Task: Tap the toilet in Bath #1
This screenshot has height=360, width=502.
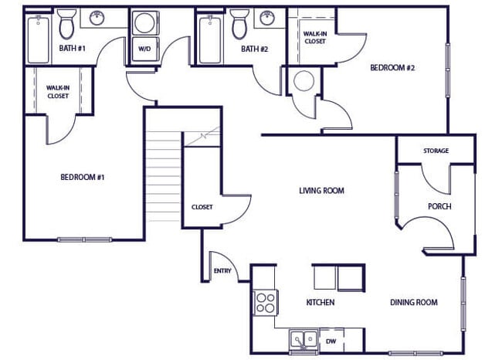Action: coord(66,25)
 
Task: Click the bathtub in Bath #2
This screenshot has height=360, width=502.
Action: coord(209,40)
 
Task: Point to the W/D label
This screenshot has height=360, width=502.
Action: coord(144,49)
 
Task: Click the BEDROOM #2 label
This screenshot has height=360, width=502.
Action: coord(392,68)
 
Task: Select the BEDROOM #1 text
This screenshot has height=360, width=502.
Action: coord(82,177)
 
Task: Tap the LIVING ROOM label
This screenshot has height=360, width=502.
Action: coord(321,190)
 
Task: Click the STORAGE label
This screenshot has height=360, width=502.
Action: coord(435,151)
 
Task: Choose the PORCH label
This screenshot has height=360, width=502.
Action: coord(439,206)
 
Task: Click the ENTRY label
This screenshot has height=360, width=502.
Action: coord(222,271)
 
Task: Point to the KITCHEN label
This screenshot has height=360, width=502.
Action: coord(320,302)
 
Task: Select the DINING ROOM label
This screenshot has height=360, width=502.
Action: coord(413,302)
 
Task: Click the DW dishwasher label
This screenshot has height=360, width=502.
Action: coord(331,340)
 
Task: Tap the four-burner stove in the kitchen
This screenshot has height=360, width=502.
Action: coord(266,302)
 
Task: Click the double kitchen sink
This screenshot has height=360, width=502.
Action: coord(302,339)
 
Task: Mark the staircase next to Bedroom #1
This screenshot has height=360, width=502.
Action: coord(164,176)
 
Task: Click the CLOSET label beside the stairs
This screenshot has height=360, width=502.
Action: coord(202,207)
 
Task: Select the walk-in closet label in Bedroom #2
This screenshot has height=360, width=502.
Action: coord(314,37)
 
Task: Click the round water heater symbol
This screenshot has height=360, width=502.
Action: coord(303,81)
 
